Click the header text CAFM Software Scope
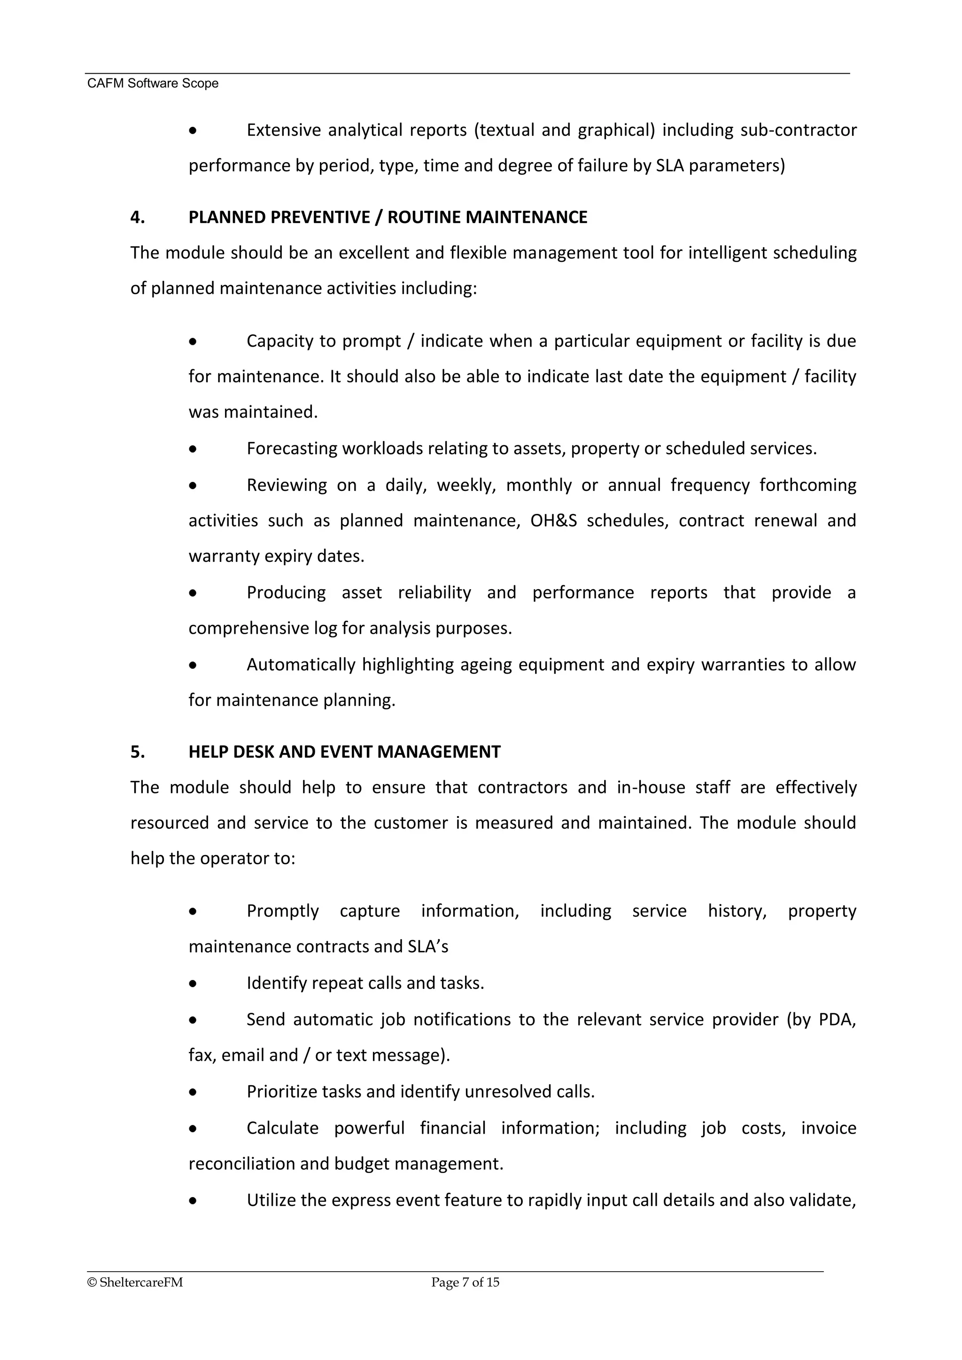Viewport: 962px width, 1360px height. pos(153,84)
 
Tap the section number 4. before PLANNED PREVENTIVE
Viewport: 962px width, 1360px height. pos(138,218)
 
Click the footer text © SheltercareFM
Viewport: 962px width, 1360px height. pos(135,1282)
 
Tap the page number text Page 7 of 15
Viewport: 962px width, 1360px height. pos(465,1282)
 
